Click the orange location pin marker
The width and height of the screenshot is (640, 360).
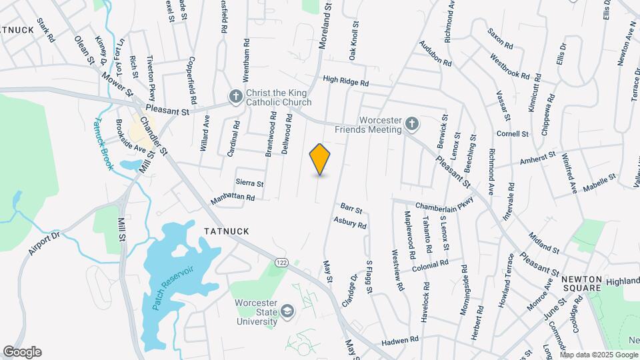tap(320, 159)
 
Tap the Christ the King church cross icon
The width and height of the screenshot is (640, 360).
tap(235, 97)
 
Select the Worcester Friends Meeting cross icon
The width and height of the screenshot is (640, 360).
tap(412, 124)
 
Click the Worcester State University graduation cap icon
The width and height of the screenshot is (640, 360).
tap(287, 311)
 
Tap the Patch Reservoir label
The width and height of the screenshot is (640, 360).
tap(173, 289)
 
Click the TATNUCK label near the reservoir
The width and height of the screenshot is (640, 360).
tap(227, 231)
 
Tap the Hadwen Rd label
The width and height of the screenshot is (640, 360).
tap(399, 341)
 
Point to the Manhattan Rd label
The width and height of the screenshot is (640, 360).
tap(233, 198)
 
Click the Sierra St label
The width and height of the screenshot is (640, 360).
tap(250, 183)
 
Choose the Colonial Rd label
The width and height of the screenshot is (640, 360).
tap(430, 264)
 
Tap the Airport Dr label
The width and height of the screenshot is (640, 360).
tap(45, 243)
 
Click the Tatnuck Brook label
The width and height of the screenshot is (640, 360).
tap(103, 143)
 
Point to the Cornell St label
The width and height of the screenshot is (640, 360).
tap(512, 133)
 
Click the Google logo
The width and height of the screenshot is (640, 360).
tap(22, 352)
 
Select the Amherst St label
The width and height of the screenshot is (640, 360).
tap(538, 159)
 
